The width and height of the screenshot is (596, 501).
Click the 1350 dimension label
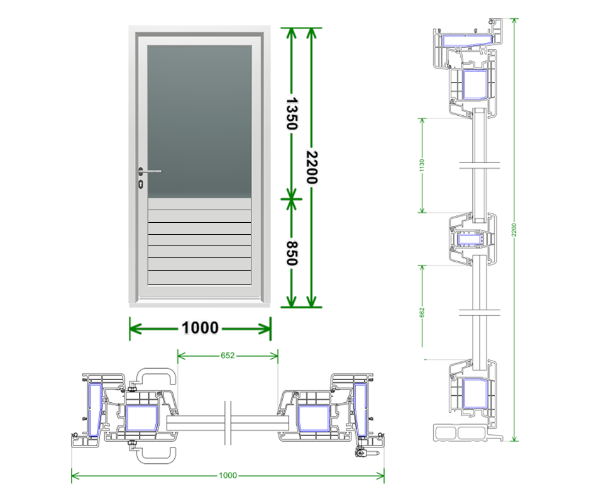pyautogui.click(x=292, y=114)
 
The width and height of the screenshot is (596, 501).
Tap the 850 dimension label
pyautogui.click(x=292, y=253)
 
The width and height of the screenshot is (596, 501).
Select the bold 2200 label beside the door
pyautogui.click(x=312, y=167)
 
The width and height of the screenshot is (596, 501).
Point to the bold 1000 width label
pyautogui.click(x=200, y=327)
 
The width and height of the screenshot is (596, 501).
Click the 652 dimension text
pyautogui.click(x=228, y=356)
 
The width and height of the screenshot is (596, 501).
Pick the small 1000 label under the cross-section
pyautogui.click(x=228, y=475)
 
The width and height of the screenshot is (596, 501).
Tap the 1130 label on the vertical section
pyautogui.click(x=422, y=165)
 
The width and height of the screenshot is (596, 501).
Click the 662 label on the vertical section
pyautogui.click(x=422, y=312)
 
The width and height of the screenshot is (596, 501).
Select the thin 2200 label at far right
pyautogui.click(x=514, y=230)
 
